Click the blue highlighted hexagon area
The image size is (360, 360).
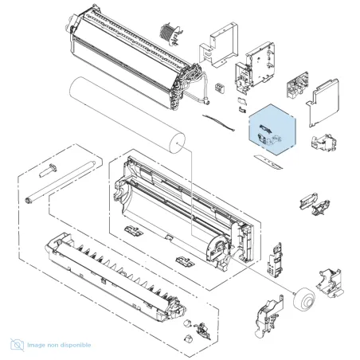[x=272, y=130]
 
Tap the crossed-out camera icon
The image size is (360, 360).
[x=18, y=345]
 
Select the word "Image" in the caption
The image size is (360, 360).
[x=36, y=346]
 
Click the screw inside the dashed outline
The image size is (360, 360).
[x=48, y=170]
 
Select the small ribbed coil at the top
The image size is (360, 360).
[x=170, y=33]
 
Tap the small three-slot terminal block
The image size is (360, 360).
[x=219, y=88]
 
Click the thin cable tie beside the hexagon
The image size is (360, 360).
[x=218, y=123]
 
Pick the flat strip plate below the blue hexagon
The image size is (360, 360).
[x=268, y=162]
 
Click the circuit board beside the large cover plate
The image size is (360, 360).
[x=297, y=85]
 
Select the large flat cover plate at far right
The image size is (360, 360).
[x=323, y=102]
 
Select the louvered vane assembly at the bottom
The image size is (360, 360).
[x=115, y=275]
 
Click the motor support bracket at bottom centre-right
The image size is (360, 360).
[x=268, y=316]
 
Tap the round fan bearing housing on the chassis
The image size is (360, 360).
[x=217, y=246]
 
